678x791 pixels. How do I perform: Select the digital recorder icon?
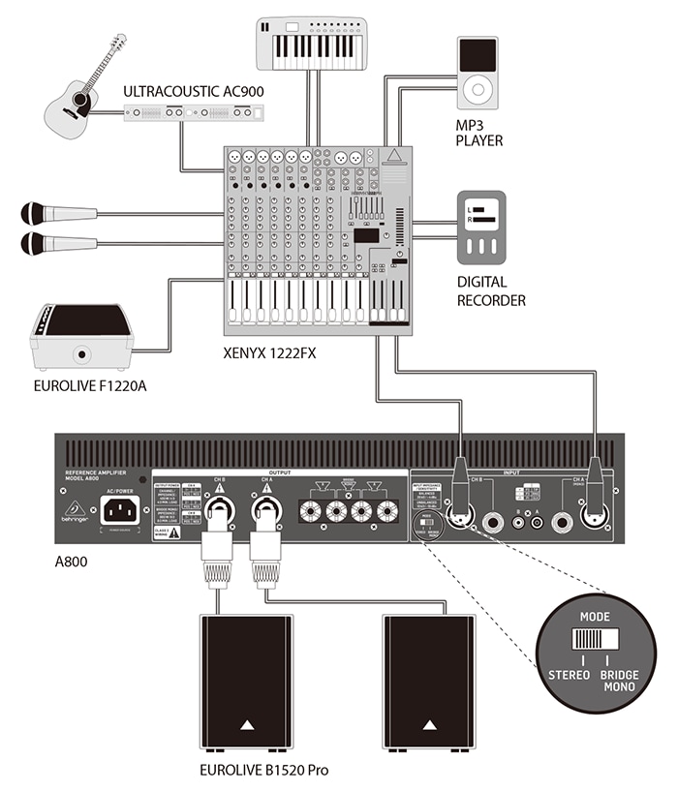(480, 227)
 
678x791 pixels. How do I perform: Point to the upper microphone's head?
(34, 213)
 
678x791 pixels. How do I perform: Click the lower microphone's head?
(34, 243)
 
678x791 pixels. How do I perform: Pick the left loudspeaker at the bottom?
(246, 682)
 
